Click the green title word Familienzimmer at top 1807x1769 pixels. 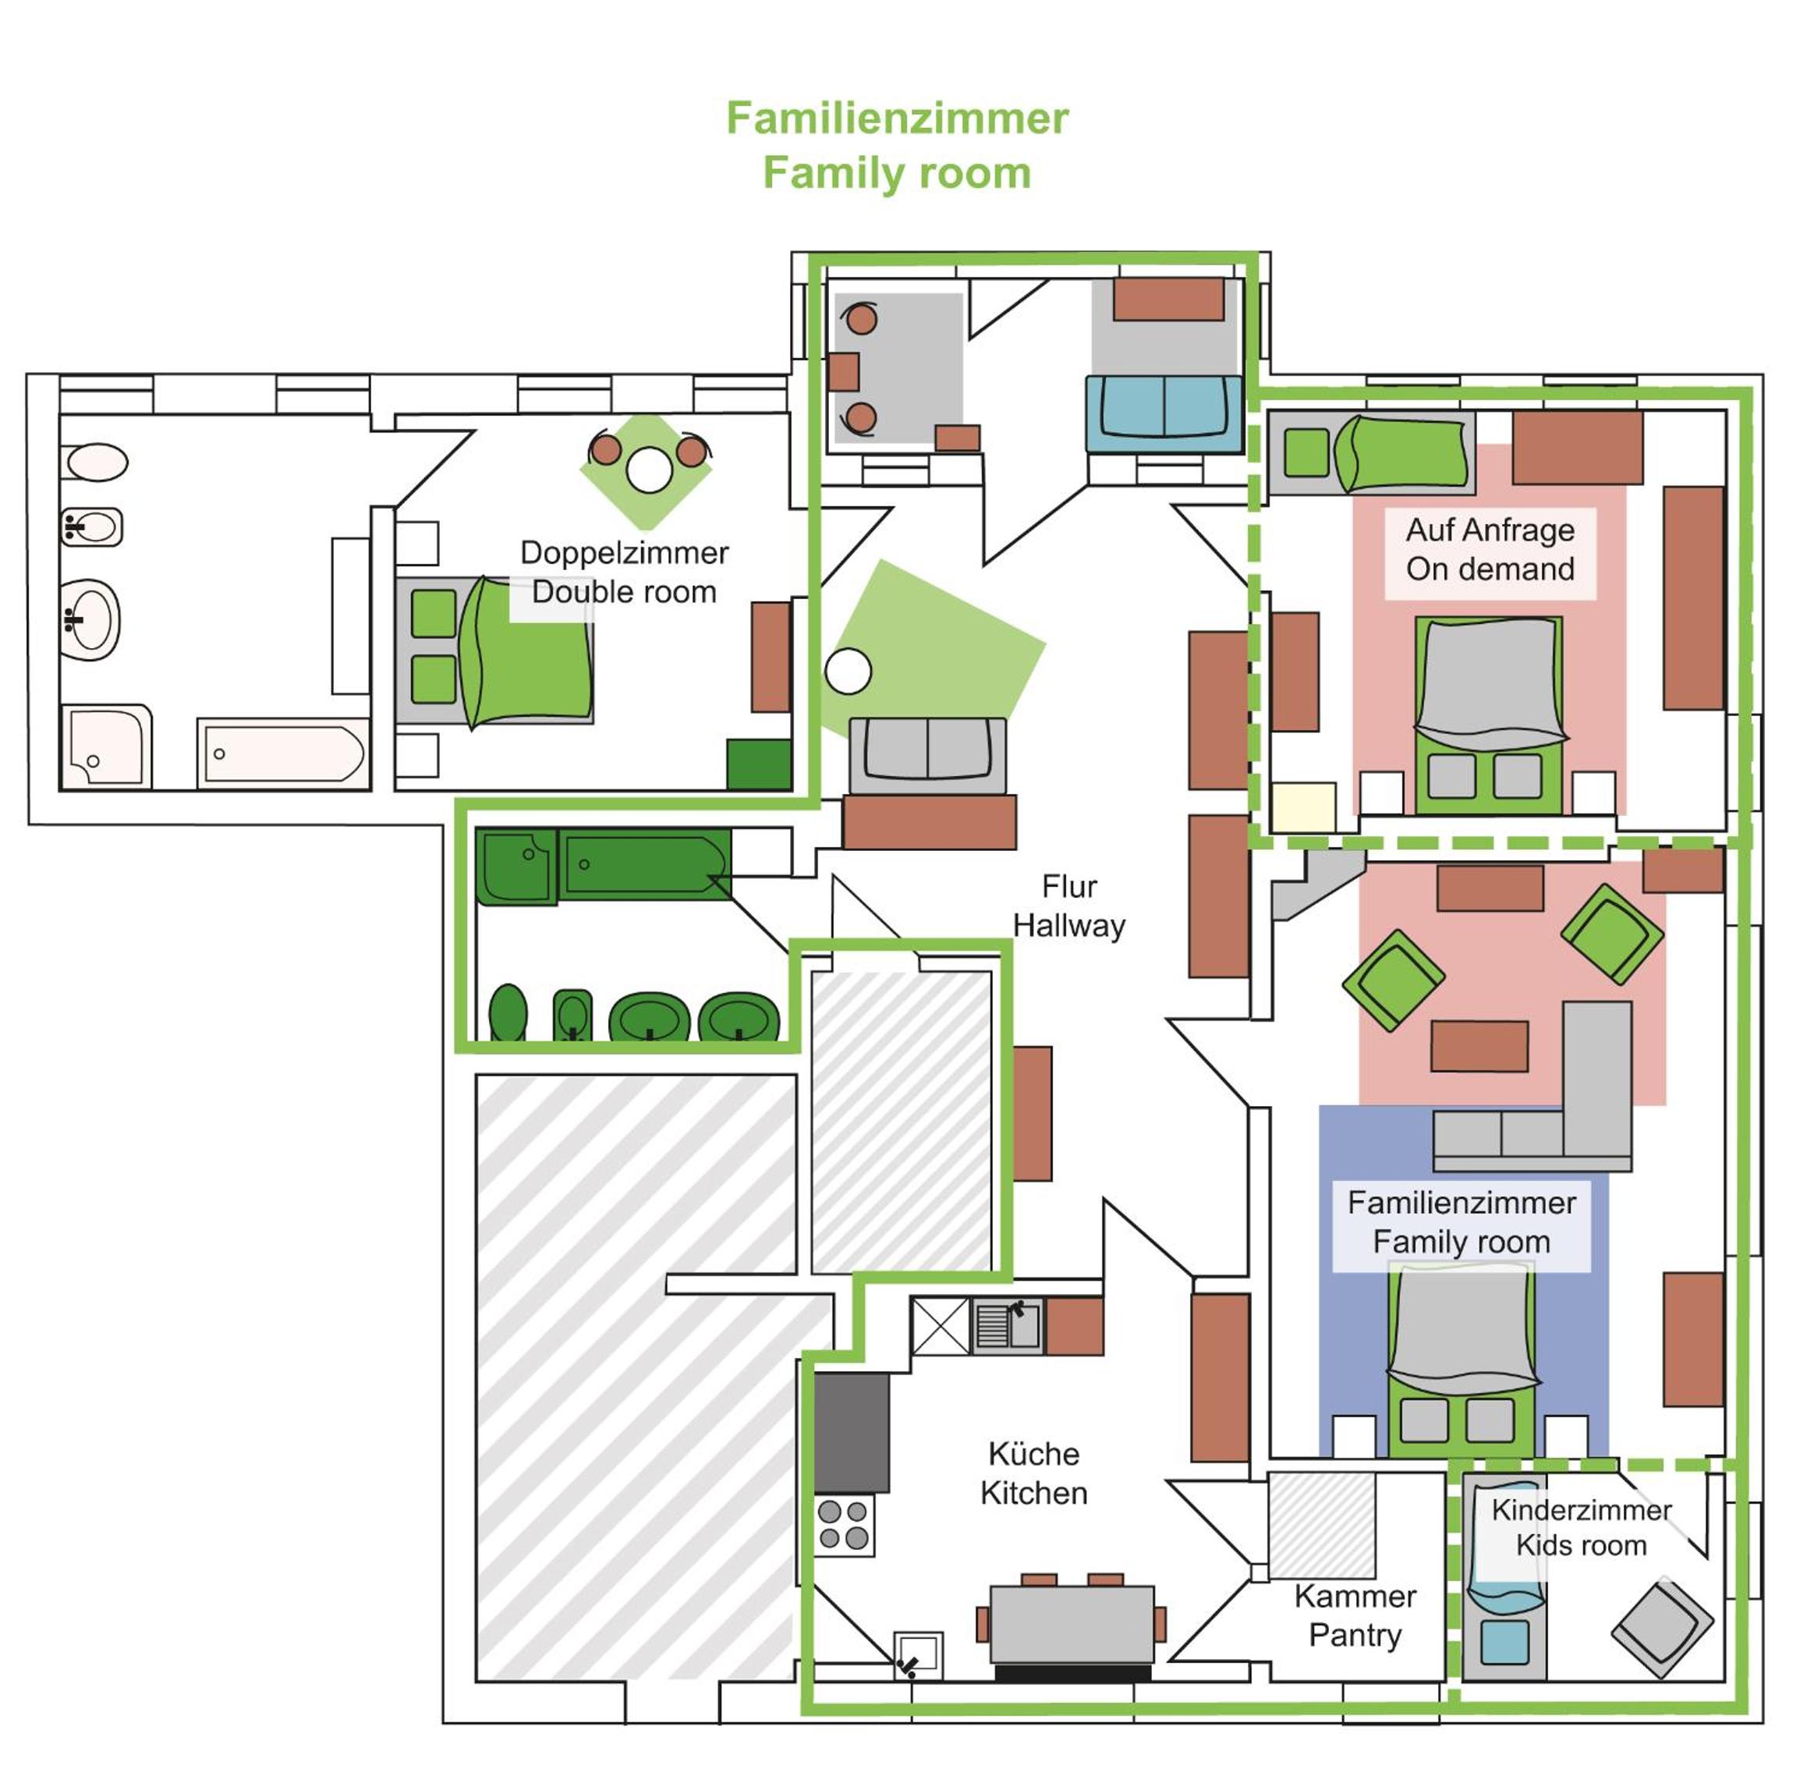tap(897, 118)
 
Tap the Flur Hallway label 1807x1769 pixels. tap(1068, 905)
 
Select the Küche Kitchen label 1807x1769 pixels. tap(1033, 1473)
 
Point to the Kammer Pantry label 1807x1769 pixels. tap(1355, 1615)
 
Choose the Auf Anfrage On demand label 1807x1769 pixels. tap(1490, 549)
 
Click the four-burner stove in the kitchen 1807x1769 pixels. tap(845, 1525)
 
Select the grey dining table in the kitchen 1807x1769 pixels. tap(1072, 1624)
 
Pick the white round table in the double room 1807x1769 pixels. tap(648, 470)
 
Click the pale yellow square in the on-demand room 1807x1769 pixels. tap(1303, 807)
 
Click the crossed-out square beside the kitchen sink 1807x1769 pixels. tap(941, 1326)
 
